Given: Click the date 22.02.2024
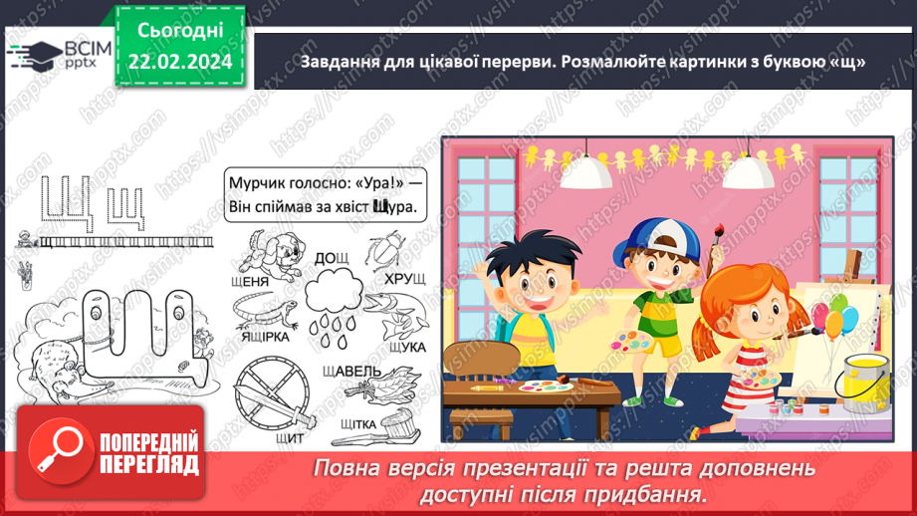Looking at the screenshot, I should pos(178,62).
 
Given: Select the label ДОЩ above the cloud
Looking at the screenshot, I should pos(333,258).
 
